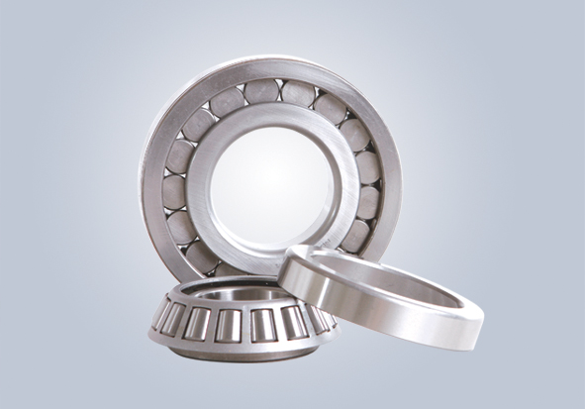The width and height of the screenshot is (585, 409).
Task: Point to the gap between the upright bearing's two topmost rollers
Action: pyautogui.click(x=281, y=91)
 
